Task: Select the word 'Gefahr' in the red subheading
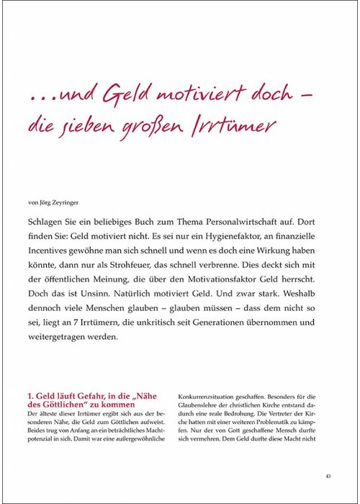[x=85, y=395]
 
